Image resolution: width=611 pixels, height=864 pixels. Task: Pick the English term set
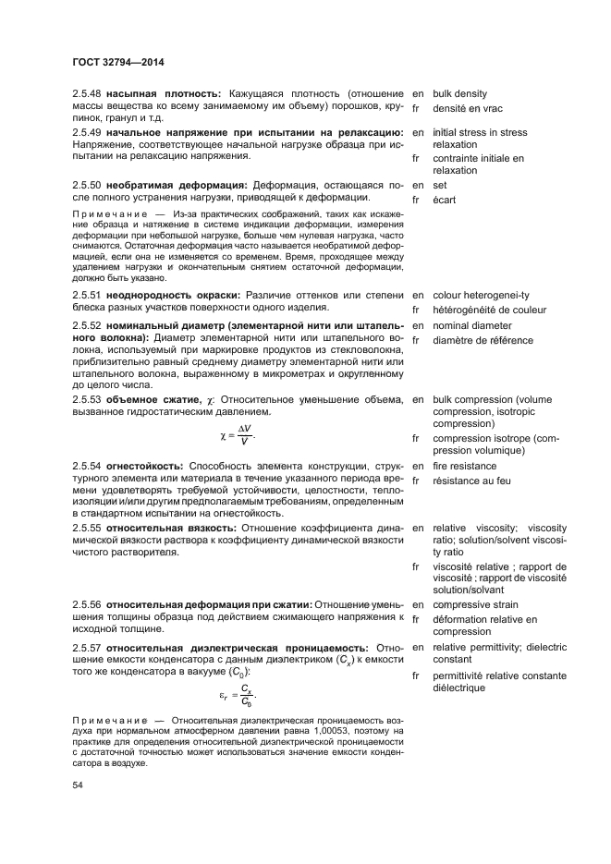click(440, 185)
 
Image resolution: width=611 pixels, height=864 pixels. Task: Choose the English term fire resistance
click(470, 466)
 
